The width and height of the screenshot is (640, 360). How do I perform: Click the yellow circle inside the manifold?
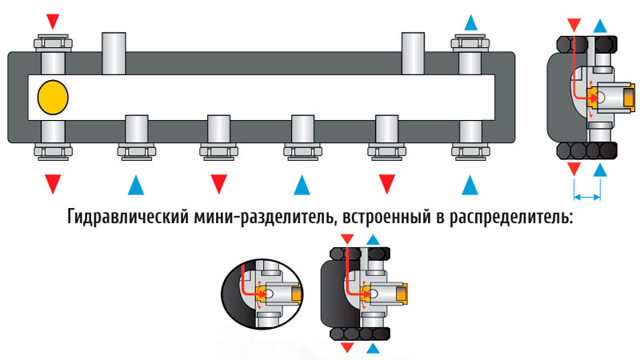(53, 96)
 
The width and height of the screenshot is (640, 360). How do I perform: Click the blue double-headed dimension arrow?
(587, 196)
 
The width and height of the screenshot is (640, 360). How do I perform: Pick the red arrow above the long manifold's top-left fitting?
(53, 20)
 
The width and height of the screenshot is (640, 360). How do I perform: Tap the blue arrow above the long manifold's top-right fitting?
(470, 20)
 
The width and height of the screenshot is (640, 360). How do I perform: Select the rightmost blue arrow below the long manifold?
(470, 185)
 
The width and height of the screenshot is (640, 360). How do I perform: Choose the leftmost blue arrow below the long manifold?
(136, 185)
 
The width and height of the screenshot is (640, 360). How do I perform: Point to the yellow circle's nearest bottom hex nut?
(53, 150)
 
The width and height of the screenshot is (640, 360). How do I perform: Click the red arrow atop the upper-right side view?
(574, 22)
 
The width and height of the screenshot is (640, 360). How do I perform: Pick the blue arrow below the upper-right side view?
(600, 169)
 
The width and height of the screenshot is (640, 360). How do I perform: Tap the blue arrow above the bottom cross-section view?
(373, 239)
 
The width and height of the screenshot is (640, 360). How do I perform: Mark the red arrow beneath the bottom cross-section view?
(346, 349)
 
